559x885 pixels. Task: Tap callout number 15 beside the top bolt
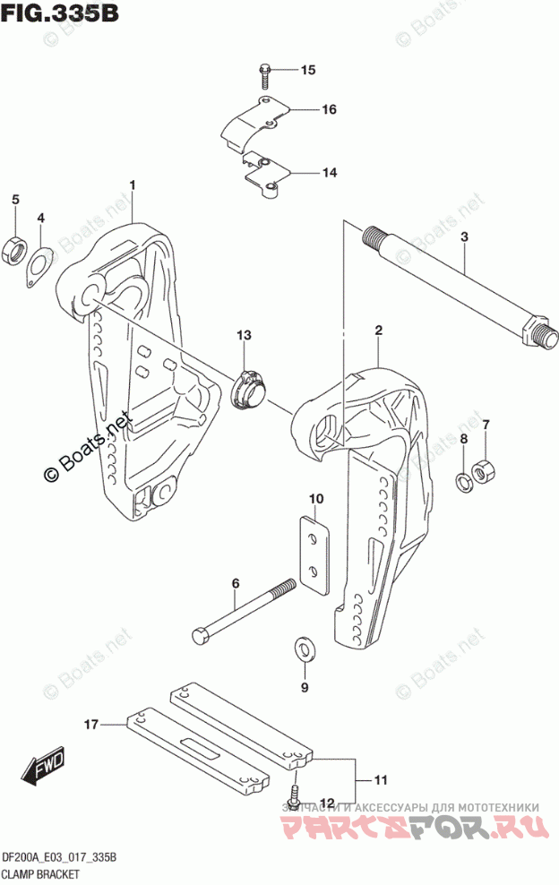pos(308,70)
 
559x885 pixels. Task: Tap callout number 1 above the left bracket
pos(132,185)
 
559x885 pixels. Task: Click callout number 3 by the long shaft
pos(465,237)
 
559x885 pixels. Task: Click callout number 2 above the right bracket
pos(379,331)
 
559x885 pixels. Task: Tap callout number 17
pos(90,722)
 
